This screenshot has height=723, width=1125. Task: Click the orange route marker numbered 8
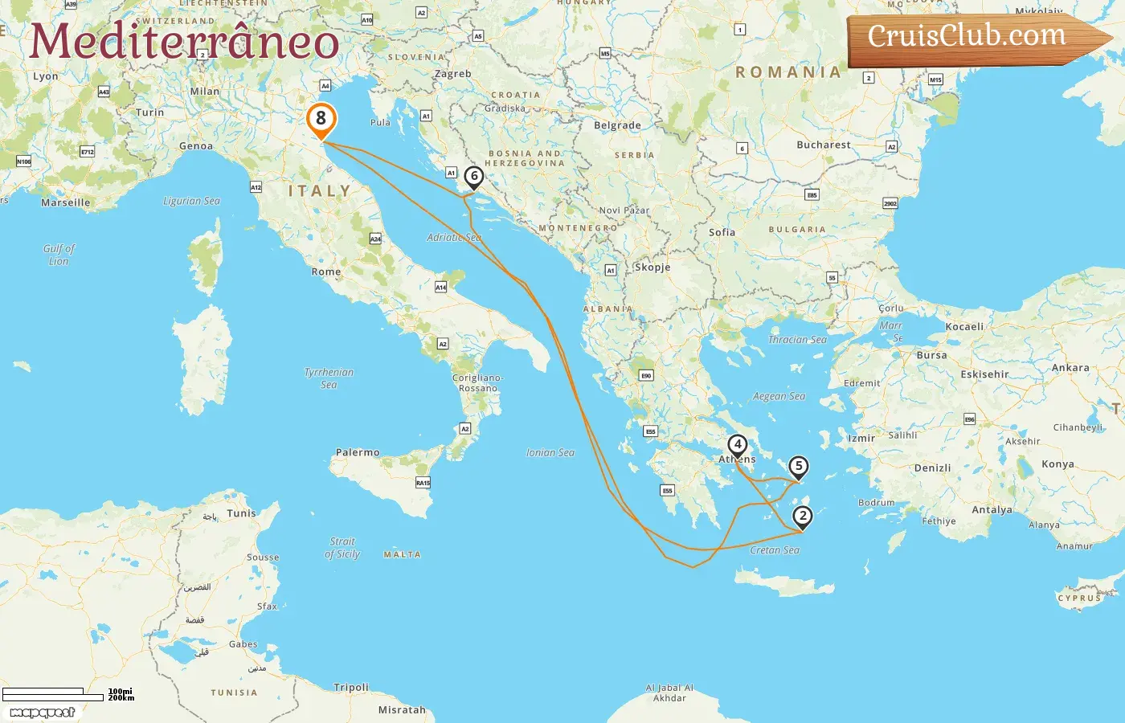[321, 119]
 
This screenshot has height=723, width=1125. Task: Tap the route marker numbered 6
[474, 176]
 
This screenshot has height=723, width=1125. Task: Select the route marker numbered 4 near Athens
[737, 444]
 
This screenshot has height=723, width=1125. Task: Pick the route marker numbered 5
[798, 466]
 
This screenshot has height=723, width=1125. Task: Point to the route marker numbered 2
[802, 516]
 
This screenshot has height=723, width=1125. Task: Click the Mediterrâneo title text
[184, 42]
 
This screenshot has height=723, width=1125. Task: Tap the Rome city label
[326, 272]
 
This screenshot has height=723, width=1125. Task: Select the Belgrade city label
[617, 125]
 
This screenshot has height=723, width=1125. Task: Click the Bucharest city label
[823, 145]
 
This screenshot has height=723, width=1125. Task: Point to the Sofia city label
[722, 232]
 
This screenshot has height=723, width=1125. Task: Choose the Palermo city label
[358, 453]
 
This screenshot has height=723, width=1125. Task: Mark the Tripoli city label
[351, 688]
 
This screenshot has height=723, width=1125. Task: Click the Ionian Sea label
[550, 453]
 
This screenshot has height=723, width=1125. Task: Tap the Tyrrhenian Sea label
[329, 378]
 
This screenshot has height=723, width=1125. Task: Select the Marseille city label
[66, 203]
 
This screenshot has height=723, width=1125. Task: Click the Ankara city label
[1070, 368]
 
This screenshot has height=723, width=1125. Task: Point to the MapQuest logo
[43, 713]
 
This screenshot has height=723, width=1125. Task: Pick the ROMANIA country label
[788, 72]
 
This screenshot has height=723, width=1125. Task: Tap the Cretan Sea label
[775, 550]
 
